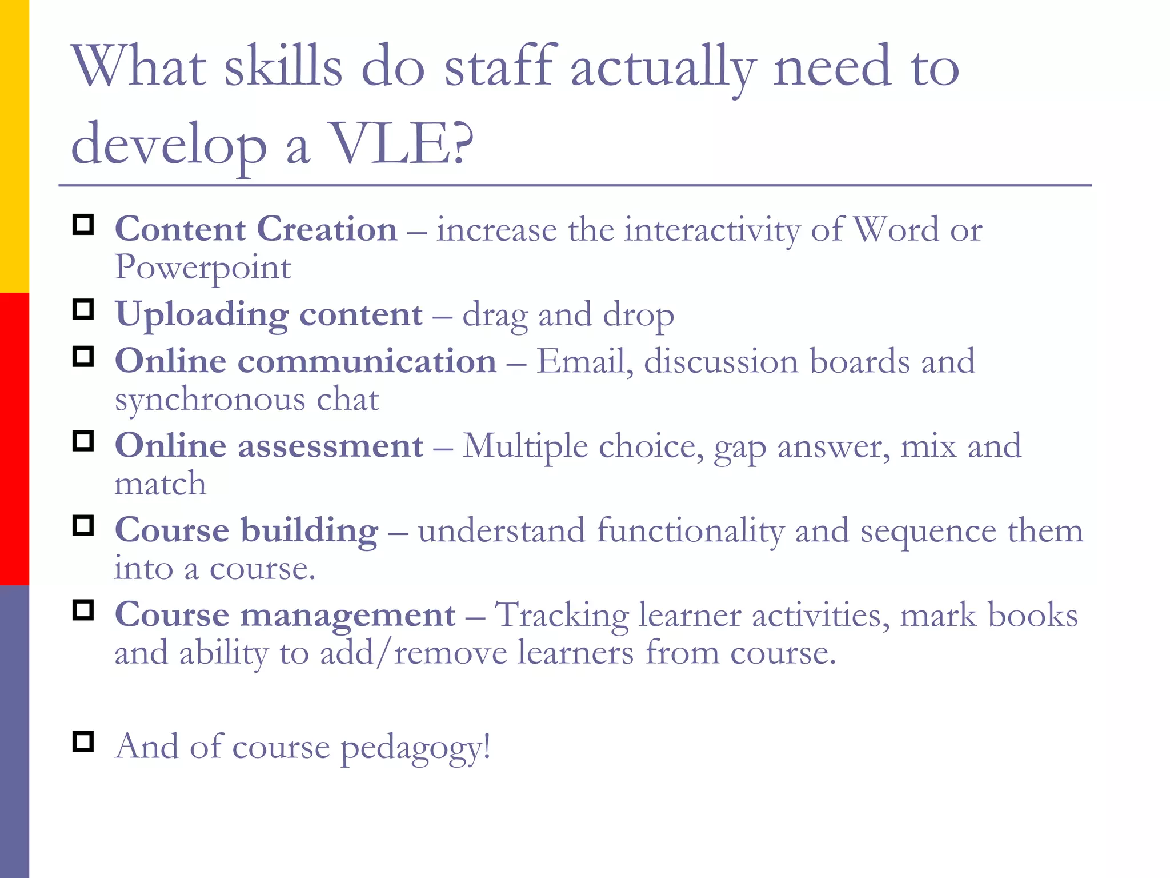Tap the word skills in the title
click(283, 67)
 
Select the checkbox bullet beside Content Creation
click(83, 225)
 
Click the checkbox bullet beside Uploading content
click(83, 310)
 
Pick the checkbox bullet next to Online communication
click(83, 357)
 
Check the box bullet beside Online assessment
click(83, 441)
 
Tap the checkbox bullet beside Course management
click(83, 610)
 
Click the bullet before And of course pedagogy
click(83, 742)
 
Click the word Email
click(584, 362)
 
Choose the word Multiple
click(525, 446)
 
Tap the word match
click(161, 484)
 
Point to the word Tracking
click(561, 616)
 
